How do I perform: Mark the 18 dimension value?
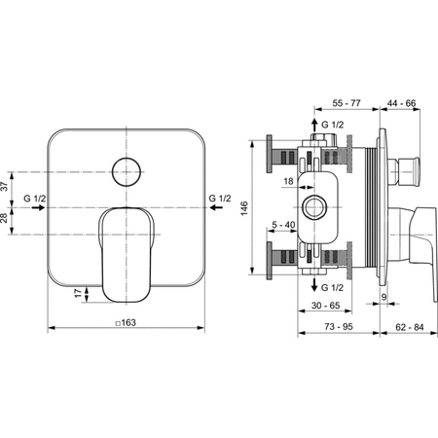coord(290,180)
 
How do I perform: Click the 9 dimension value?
coord(384,297)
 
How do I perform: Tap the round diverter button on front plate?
coord(125,173)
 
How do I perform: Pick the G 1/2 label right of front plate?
coord(221,200)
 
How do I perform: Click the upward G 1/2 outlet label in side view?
coord(333,126)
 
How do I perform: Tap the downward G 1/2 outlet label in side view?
coord(333,288)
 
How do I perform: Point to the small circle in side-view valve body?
coord(313,206)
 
